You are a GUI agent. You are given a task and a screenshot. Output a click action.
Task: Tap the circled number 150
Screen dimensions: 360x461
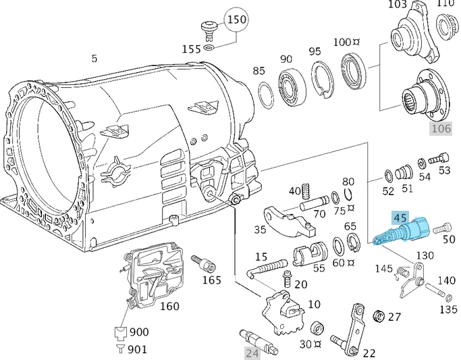[x=236, y=19]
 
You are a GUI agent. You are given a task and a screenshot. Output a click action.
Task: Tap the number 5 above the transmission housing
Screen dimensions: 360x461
[x=94, y=59]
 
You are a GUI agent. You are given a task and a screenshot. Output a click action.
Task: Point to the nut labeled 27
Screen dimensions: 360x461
[x=379, y=317]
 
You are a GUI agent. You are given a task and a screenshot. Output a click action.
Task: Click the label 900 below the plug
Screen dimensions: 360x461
[x=140, y=332]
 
